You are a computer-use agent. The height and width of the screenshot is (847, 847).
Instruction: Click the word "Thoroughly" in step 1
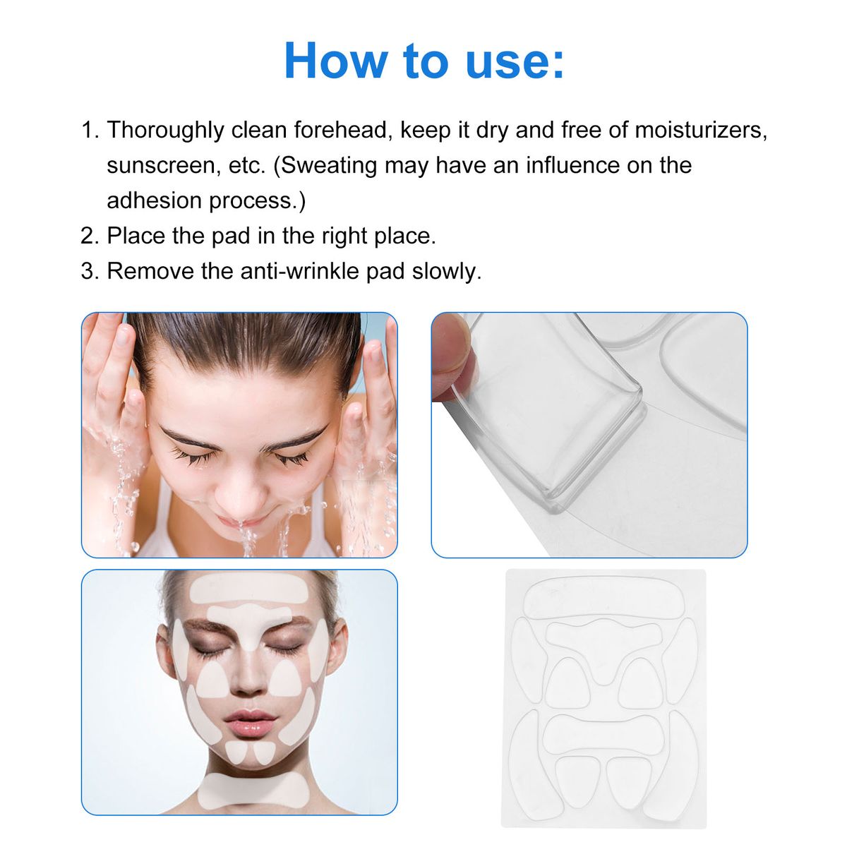tap(165, 131)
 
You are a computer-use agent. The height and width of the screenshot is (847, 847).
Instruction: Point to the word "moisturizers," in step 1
tap(701, 130)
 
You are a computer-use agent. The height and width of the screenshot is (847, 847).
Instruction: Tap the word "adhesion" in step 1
tap(154, 200)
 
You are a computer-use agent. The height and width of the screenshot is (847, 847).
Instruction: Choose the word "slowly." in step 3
tap(446, 271)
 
